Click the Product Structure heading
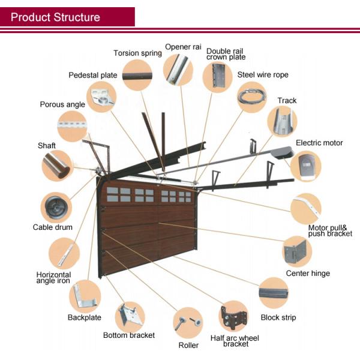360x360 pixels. tap(55, 17)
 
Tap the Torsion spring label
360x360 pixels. tap(137, 53)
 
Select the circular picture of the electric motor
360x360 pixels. tap(306, 166)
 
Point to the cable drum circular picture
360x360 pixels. tap(56, 208)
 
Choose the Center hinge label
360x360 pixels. tap(308, 273)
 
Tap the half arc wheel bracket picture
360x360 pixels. tap(235, 317)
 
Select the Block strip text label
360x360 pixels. tap(278, 317)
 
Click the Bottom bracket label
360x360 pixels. tap(129, 335)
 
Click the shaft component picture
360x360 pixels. tap(57, 165)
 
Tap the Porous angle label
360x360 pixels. tap(62, 104)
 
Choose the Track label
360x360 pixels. tap(287, 100)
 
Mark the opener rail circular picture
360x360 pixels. tap(178, 71)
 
